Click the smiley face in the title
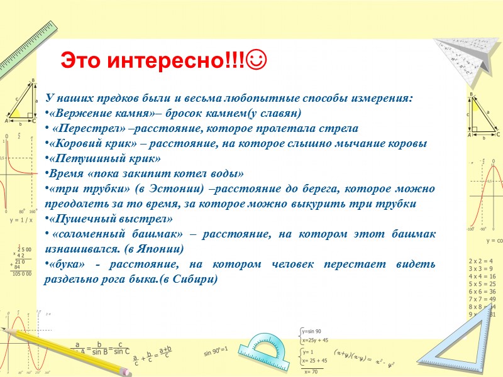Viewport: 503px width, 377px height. [258, 60]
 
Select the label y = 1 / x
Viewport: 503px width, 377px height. [21, 221]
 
